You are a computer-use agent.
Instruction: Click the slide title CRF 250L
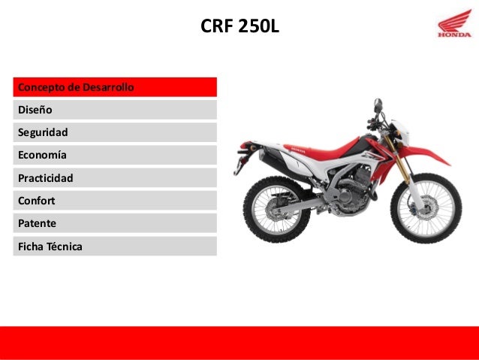coord(239,28)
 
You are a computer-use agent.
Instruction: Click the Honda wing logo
coord(455,29)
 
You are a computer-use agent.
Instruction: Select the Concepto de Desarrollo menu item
coord(115,87)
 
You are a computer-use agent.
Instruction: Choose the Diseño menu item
coord(115,110)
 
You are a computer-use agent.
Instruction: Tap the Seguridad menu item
coord(115,132)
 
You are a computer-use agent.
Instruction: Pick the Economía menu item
coord(115,155)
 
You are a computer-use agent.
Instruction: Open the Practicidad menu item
coord(115,178)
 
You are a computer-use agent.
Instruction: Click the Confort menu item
coord(115,201)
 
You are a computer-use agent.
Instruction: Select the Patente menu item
coord(115,223)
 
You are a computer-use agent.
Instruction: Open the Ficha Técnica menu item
coord(115,246)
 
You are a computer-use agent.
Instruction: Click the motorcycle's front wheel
coord(426,208)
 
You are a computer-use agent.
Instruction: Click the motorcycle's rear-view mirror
coord(378,105)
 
